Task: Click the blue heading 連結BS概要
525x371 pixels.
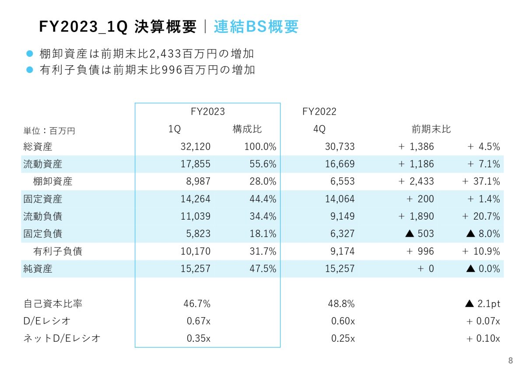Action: coord(256,27)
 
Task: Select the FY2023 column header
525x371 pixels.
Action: coord(208,112)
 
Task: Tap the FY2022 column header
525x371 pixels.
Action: coord(319,112)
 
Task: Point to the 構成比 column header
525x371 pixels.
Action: coord(247,129)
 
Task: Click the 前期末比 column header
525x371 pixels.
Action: coord(431,129)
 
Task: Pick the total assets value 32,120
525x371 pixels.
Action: coord(196,147)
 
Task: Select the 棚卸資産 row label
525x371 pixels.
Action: coord(53,182)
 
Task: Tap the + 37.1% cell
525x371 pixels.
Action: coord(481,182)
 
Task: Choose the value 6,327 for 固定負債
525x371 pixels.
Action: coord(340,234)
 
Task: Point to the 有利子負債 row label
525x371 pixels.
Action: coord(58,252)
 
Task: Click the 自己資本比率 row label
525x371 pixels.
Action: coord(47,304)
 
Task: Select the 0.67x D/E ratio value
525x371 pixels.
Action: coord(199,321)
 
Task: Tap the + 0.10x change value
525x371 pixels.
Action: coord(483,339)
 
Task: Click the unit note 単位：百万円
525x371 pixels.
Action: coord(49,130)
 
